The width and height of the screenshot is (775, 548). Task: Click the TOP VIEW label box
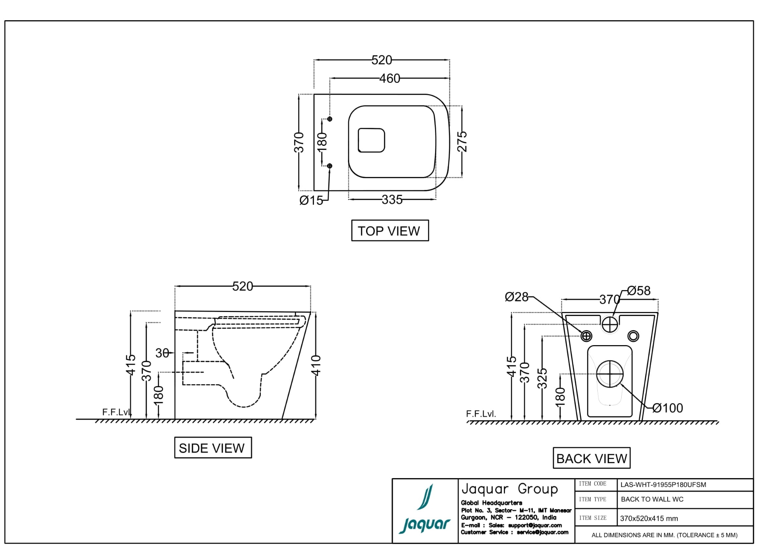tap(390, 231)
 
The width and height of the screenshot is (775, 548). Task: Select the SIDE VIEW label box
tap(213, 448)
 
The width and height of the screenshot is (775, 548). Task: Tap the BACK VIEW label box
tap(591, 458)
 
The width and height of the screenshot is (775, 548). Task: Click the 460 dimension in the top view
tap(390, 78)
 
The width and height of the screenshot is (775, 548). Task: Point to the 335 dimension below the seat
tap(392, 200)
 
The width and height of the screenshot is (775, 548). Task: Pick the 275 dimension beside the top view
tap(462, 141)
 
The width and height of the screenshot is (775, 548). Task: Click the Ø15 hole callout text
tap(311, 200)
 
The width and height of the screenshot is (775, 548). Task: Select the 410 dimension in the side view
tap(316, 365)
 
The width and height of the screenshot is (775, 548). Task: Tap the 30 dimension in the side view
tap(162, 353)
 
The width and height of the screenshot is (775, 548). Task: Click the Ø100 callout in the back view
tap(668, 408)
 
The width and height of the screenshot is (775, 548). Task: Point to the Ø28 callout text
tap(516, 297)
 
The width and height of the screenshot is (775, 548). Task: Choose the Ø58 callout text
tap(639, 291)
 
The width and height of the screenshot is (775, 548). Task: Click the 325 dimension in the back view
tap(542, 378)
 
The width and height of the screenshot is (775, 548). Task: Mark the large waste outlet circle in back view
tap(610, 374)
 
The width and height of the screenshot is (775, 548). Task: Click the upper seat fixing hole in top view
tap(330, 119)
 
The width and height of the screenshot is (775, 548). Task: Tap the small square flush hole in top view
tap(371, 140)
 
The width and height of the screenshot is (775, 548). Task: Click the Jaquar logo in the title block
tap(425, 510)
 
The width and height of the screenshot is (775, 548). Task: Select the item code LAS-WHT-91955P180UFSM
tap(663, 485)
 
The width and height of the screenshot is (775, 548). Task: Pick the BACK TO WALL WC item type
tap(652, 500)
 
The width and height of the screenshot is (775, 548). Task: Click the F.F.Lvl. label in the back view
tap(481, 414)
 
